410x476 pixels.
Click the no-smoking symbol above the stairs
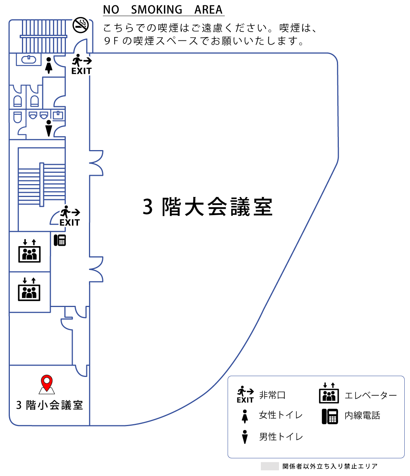[81, 25]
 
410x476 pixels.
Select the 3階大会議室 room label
[207, 206]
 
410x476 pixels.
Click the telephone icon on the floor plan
[60, 240]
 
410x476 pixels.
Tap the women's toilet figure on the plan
[49, 65]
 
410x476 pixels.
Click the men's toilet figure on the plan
[49, 128]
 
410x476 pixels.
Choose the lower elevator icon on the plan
[29, 289]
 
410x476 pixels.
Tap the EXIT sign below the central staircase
[70, 216]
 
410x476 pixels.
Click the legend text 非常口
[272, 395]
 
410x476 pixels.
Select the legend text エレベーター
[371, 395]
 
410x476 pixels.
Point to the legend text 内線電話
[362, 416]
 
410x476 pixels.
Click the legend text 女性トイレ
[281, 415]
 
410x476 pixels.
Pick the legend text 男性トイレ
[281, 437]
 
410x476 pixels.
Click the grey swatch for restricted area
[270, 466]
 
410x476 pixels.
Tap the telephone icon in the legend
[330, 416]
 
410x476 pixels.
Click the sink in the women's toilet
[29, 59]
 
